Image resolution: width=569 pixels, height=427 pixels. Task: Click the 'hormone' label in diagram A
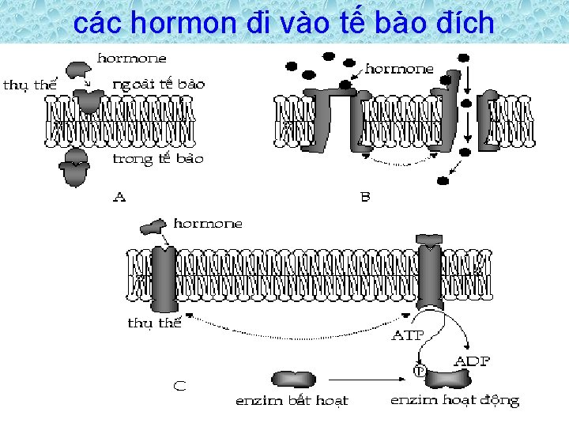[x=131, y=58]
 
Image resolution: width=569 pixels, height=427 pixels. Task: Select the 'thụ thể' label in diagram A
[x=30, y=85]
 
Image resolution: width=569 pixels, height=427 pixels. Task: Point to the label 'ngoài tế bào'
[x=158, y=84]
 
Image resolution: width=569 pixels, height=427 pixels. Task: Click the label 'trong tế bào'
[x=158, y=158]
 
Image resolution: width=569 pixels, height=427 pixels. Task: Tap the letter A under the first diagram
[x=119, y=197]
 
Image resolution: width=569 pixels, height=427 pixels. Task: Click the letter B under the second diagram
[x=365, y=197]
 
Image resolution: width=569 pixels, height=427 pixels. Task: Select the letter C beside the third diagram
[x=180, y=387]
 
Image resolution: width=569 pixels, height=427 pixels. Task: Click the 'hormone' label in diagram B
[x=399, y=69]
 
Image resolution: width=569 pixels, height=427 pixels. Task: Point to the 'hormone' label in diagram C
[x=208, y=224]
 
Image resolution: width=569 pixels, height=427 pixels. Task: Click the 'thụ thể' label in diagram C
[x=155, y=323]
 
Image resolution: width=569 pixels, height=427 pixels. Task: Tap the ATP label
[x=408, y=334]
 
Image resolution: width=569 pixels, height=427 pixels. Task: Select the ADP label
[x=472, y=361]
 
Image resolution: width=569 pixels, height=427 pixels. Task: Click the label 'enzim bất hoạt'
[x=292, y=401]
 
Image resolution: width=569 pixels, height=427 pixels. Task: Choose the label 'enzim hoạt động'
[x=454, y=401]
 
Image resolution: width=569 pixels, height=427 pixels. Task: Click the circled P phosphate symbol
[x=419, y=369]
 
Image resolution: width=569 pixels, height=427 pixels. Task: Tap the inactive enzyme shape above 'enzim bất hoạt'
[x=292, y=379]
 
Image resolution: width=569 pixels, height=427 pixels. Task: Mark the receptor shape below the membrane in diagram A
[x=76, y=169]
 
